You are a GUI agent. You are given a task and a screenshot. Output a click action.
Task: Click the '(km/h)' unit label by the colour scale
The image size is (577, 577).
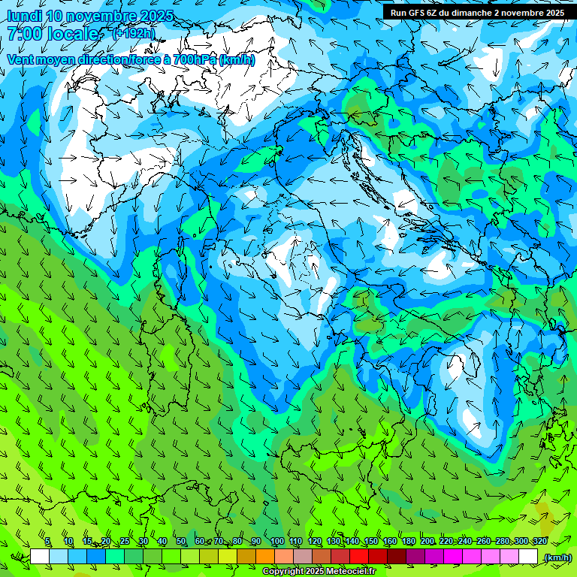point(557,557)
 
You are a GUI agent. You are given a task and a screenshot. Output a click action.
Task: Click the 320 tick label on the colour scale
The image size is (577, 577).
point(540,542)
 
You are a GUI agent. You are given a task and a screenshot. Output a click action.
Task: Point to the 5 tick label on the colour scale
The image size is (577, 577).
point(47,542)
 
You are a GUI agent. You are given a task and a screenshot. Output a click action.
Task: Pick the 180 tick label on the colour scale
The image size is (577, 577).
point(408,542)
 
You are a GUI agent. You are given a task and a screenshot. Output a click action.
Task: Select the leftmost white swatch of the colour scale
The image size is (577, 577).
point(40,557)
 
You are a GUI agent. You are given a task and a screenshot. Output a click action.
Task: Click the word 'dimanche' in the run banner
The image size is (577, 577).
point(465,12)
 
